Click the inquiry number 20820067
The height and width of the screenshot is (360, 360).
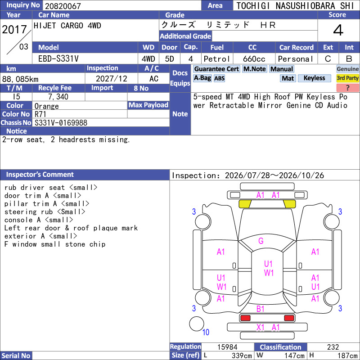[63, 6]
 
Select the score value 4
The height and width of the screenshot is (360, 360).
[338, 30]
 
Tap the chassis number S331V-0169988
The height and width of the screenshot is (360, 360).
[61, 123]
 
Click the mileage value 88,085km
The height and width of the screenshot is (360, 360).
[20, 79]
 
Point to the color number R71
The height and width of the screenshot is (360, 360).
[40, 114]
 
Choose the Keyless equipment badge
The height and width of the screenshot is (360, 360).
[314, 78]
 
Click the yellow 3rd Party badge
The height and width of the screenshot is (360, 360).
[347, 78]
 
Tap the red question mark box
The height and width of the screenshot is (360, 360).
[347, 88]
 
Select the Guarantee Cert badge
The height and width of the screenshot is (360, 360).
[216, 69]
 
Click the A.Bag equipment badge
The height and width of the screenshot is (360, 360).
[202, 78]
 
